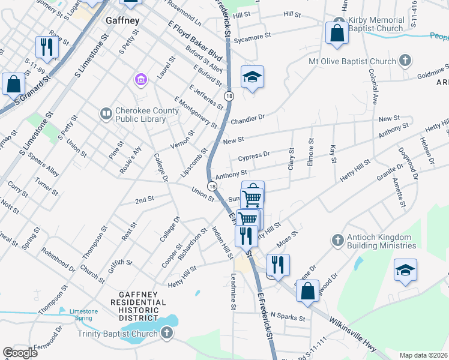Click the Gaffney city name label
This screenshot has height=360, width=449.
click(x=122, y=20)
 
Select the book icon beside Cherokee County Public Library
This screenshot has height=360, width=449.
click(x=106, y=113)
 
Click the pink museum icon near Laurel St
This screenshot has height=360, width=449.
click(x=141, y=80)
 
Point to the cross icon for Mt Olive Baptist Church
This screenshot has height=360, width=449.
click(x=406, y=61)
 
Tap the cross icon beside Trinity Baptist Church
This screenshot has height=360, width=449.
click(x=166, y=332)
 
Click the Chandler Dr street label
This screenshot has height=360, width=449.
click(x=248, y=113)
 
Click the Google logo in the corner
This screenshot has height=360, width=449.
click(x=20, y=353)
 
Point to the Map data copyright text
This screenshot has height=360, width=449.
click(x=423, y=355)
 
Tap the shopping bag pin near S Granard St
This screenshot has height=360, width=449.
click(x=13, y=84)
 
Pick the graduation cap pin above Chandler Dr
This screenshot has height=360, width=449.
click(x=253, y=77)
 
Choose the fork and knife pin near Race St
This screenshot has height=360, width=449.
click(x=46, y=47)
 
